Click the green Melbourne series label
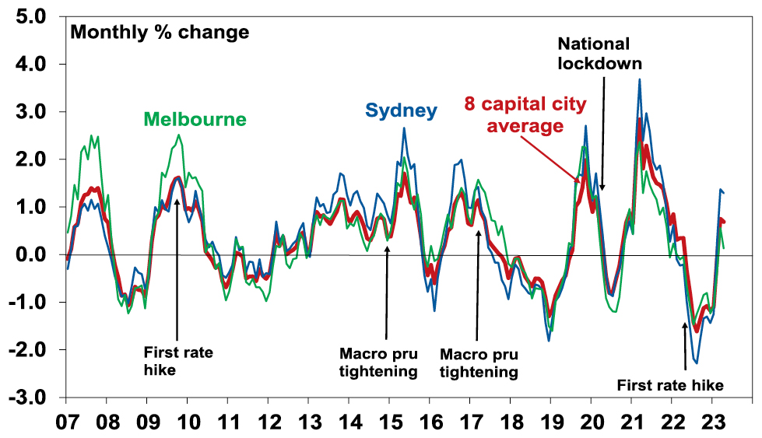point(195,120)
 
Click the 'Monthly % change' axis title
point(160,33)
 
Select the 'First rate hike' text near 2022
point(670,385)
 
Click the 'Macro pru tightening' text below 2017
point(479,363)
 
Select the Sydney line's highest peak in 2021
point(639,79)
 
